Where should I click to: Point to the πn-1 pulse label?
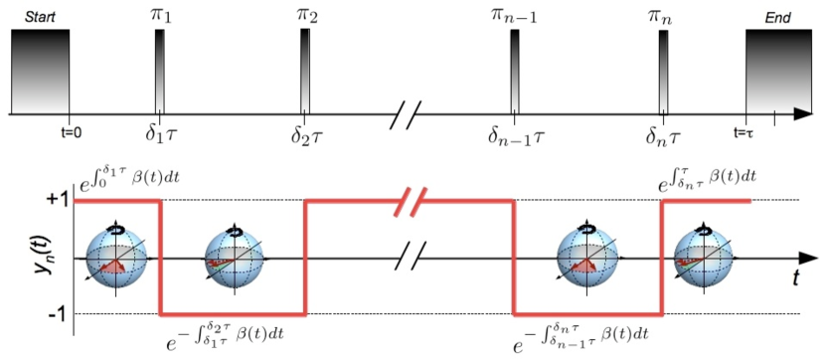tap(514, 14)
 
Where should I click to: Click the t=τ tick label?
tap(748, 129)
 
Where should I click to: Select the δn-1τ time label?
tap(514, 132)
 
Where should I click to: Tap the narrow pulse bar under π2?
tap(304, 71)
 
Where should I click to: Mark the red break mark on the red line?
tap(410, 202)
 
